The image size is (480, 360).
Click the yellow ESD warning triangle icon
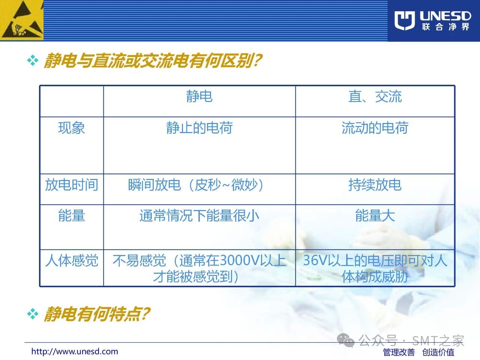(22, 20)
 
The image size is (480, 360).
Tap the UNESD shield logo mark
(405, 20)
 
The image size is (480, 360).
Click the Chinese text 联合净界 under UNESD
(445, 27)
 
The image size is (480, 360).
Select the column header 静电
(199, 96)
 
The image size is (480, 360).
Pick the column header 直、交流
(375, 96)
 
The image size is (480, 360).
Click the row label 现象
(72, 127)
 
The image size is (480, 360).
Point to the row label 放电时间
(72, 185)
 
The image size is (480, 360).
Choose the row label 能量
(72, 215)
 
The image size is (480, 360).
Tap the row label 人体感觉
(72, 261)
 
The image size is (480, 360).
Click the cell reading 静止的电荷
(199, 127)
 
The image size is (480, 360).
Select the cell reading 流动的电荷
(375, 127)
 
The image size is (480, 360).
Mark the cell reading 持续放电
(375, 185)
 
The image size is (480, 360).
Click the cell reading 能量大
(375, 215)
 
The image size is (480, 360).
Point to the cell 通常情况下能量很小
(199, 215)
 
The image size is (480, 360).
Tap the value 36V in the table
(315, 260)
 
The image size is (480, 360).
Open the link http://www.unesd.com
(75, 351)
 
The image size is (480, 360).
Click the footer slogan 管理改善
(399, 352)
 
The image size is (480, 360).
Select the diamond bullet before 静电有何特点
(33, 314)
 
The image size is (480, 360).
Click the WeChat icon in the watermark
(346, 340)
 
